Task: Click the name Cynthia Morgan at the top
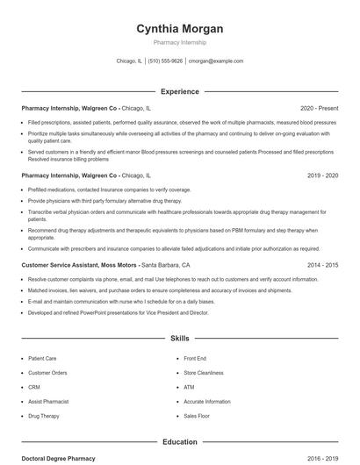point(179,29)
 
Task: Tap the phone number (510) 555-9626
point(165,61)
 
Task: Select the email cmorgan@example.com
point(216,61)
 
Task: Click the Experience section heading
point(179,91)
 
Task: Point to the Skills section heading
point(179,338)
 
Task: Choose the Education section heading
point(179,442)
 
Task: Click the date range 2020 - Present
point(319,109)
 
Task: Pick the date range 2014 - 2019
point(322,264)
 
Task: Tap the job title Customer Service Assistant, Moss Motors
point(79,264)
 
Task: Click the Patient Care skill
point(42,359)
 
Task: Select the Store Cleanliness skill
point(202,373)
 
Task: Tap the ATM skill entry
point(189,387)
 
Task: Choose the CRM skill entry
point(34,387)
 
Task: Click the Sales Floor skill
point(197,415)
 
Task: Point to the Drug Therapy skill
point(44,415)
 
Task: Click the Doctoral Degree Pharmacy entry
point(58,459)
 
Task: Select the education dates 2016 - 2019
point(322,459)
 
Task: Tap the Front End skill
point(195,359)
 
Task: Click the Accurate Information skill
point(206,401)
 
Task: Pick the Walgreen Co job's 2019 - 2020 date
point(322,175)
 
